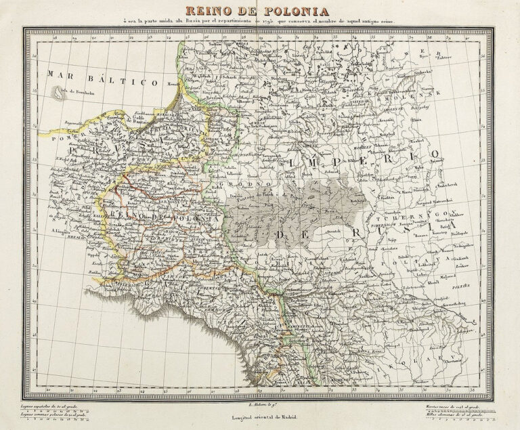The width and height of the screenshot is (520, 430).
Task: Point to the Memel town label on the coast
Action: (174, 85)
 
